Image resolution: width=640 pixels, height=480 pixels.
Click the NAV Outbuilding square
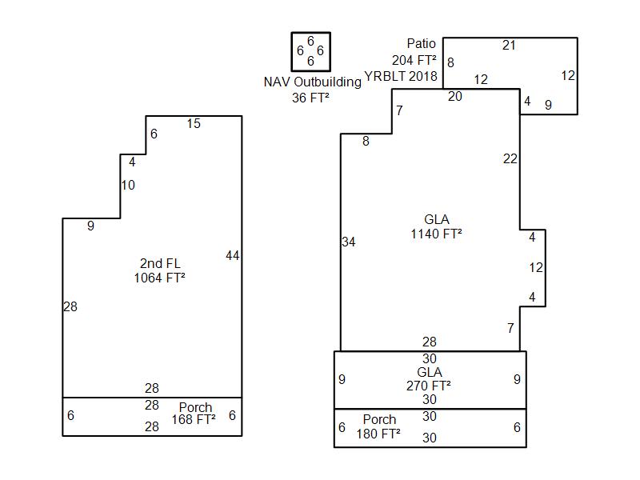(310, 51)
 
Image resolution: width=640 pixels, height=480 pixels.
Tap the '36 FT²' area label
(310, 98)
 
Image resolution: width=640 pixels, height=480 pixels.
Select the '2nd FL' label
(161, 263)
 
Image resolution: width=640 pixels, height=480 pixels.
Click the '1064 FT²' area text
(160, 278)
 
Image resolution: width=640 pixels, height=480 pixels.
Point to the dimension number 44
(232, 256)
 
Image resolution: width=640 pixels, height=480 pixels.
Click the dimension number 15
(194, 123)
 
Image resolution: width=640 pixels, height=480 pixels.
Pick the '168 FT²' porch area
(194, 419)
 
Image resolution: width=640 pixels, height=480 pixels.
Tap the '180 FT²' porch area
(379, 434)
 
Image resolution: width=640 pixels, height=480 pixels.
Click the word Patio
(421, 44)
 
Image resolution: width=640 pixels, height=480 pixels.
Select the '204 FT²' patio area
(414, 60)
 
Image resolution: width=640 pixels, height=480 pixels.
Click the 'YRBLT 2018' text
(401, 77)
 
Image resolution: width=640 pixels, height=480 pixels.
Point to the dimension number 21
(509, 45)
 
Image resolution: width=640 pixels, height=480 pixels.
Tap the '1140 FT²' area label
(436, 234)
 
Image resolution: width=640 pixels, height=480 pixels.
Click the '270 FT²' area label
(428, 385)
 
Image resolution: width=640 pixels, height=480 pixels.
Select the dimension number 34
(348, 242)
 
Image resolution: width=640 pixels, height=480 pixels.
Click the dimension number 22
(510, 158)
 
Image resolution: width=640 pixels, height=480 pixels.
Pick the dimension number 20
(454, 97)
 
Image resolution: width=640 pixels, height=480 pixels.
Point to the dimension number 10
(128, 186)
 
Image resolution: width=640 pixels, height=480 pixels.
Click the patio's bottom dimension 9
(548, 105)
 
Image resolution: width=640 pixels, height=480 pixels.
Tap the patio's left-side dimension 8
(450, 62)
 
